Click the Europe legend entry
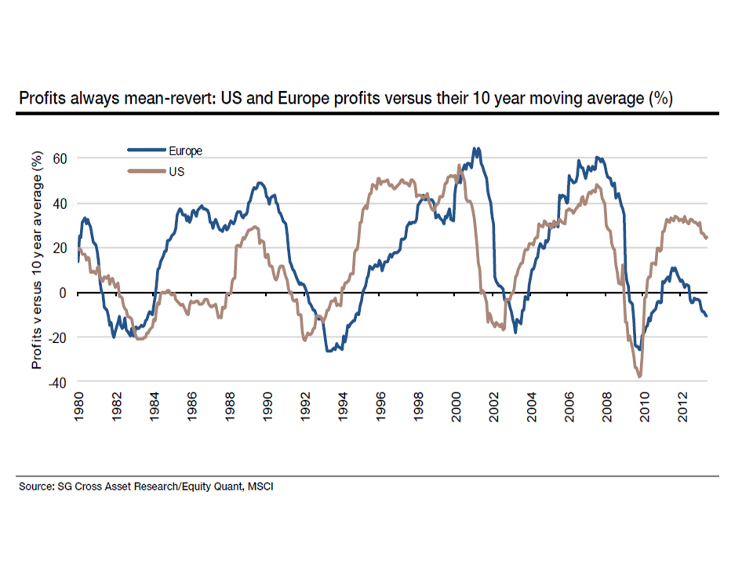pos(186,151)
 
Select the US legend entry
pos(176,169)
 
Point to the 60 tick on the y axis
pos(60,159)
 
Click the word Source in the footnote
pos(37,487)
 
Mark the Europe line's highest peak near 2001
pos(475,148)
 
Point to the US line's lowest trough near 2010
pos(640,377)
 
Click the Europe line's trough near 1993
pos(329,351)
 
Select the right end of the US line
pos(707,238)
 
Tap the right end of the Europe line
pos(707,316)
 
